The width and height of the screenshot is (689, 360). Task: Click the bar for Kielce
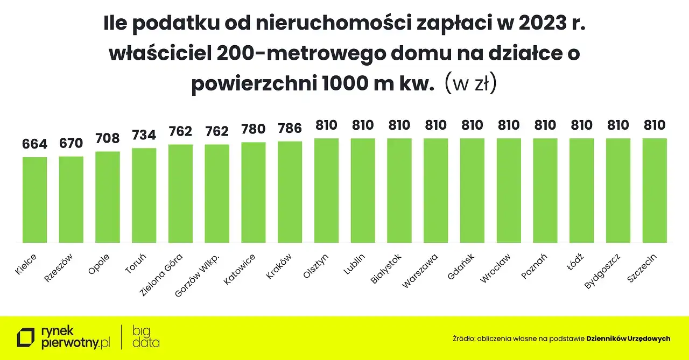click(34, 200)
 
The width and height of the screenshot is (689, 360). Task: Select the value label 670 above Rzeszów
click(71, 143)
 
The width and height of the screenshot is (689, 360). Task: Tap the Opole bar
click(108, 197)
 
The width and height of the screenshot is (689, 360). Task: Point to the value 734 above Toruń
click(144, 135)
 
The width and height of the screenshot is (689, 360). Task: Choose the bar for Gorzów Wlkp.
click(217, 193)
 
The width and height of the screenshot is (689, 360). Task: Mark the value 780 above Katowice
click(254, 129)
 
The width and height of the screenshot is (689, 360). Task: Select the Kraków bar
click(290, 192)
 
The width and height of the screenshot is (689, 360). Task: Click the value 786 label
click(290, 128)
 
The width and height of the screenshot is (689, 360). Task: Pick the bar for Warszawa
click(436, 190)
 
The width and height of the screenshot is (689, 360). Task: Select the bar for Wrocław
click(509, 190)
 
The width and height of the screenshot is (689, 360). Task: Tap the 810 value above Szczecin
click(655, 125)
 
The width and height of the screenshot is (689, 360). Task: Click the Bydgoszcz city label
click(603, 271)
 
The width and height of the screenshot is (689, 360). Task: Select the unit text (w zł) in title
click(470, 84)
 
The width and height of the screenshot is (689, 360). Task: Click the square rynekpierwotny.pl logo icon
click(25, 337)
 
